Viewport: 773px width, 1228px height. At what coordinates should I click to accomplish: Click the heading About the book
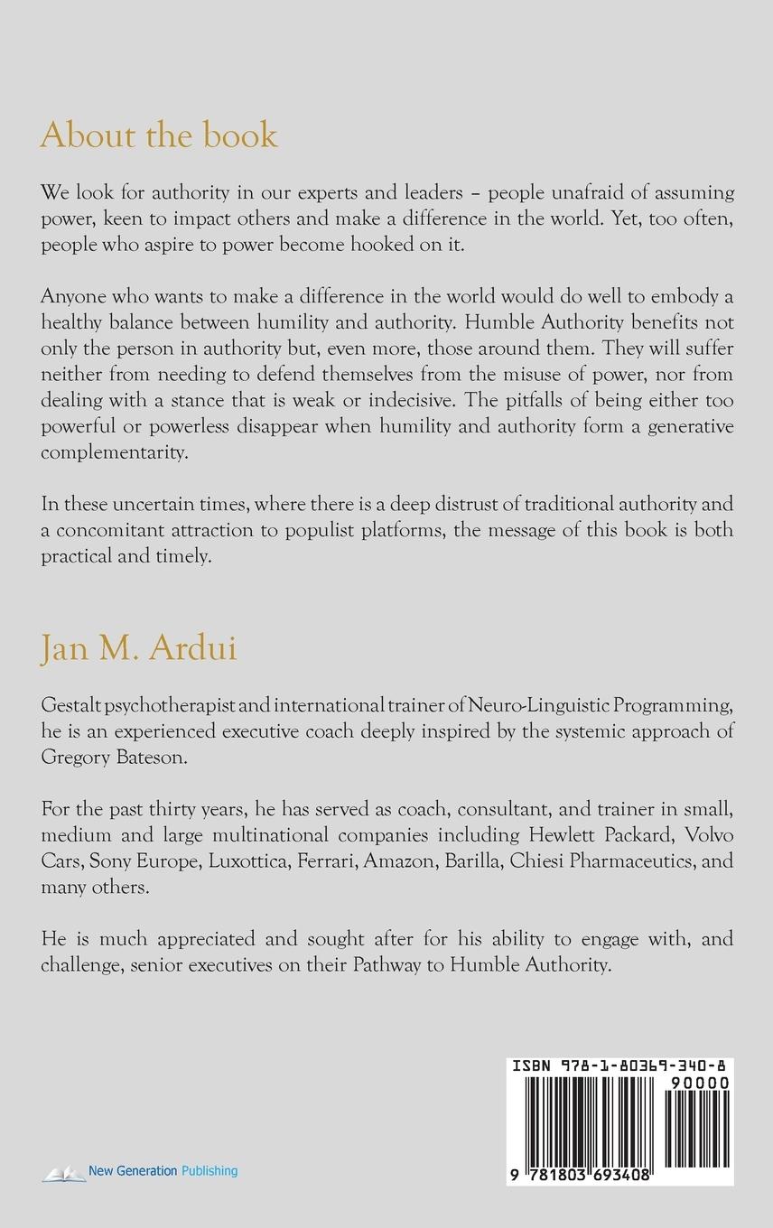click(x=159, y=135)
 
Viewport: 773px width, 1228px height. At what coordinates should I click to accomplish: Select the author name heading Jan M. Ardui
click(x=139, y=648)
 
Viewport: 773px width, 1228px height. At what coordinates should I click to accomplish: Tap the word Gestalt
click(x=69, y=704)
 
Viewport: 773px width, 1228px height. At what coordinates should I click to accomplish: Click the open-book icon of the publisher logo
click(x=63, y=1171)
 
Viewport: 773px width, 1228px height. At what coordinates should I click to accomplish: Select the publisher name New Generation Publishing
click(x=163, y=1171)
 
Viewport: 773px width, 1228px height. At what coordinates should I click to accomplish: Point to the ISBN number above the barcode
click(x=620, y=1066)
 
